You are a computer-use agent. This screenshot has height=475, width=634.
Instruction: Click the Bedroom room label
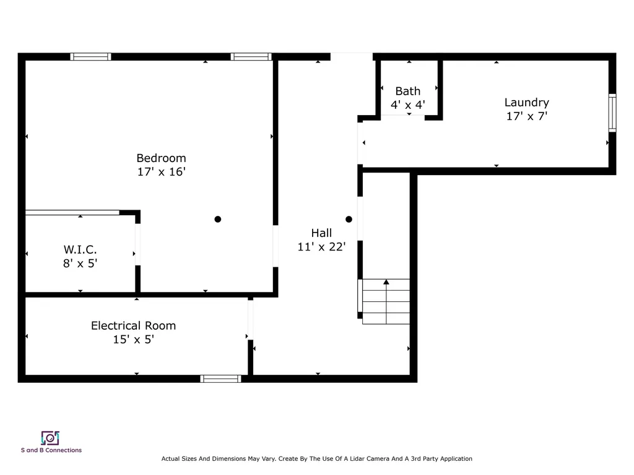coord(161,158)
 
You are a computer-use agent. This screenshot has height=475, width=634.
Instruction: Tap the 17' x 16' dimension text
coord(161,172)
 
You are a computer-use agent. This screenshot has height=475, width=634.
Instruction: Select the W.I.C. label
coord(80,249)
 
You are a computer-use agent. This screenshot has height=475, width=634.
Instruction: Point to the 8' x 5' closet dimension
coord(80,263)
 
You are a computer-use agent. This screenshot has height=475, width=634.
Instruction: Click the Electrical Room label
coord(133,325)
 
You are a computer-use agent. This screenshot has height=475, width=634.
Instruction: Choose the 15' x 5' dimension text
coord(133,339)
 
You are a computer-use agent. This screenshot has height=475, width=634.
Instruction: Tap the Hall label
coord(321,233)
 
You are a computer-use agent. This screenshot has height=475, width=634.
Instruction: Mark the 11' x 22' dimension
coord(321,247)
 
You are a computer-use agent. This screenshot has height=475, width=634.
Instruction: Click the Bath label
coord(407,91)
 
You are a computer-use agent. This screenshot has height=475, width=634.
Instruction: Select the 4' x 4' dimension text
coord(407,105)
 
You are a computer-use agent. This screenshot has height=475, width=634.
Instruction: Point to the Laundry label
coord(526,102)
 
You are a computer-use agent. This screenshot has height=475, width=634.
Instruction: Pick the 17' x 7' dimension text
coord(526,116)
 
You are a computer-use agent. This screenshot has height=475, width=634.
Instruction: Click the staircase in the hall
coord(386,302)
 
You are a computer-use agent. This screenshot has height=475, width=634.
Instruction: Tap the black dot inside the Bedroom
coord(217,219)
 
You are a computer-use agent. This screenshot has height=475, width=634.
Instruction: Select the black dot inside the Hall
coord(349,219)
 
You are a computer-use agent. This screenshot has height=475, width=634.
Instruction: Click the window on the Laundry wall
coord(612,113)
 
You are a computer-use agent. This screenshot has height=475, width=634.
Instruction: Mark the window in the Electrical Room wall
coord(221,379)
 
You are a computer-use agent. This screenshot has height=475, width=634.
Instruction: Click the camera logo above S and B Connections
coord(50,438)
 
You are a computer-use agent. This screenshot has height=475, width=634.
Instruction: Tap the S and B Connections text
coord(51,450)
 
